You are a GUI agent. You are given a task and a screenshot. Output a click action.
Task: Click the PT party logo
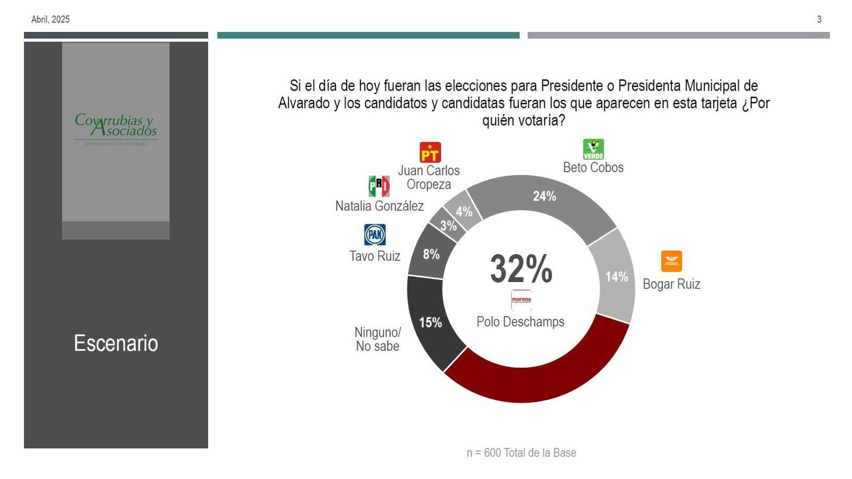click(x=430, y=152)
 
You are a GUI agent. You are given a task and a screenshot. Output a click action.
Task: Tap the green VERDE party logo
click(x=593, y=150)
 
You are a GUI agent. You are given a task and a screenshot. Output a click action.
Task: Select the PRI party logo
click(x=379, y=186)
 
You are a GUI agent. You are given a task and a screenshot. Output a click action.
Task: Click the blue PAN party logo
click(x=375, y=235)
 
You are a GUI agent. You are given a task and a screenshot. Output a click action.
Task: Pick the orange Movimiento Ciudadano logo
click(x=671, y=261)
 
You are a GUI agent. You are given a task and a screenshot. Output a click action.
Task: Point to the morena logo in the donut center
click(x=521, y=300)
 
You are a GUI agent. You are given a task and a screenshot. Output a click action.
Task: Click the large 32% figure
click(x=521, y=268)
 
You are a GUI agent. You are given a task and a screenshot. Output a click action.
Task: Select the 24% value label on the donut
click(x=544, y=196)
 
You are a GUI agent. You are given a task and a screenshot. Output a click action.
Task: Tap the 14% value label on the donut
click(x=617, y=277)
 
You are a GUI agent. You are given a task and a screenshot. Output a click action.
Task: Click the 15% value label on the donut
click(x=430, y=323)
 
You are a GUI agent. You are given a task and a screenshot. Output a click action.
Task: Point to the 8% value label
click(x=431, y=254)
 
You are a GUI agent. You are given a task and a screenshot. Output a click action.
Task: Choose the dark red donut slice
click(x=538, y=378)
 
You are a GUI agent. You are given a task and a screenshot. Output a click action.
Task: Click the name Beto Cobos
click(x=593, y=168)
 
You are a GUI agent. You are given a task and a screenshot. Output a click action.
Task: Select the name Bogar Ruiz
click(x=671, y=284)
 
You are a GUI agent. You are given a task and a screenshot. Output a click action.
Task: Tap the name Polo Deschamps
click(x=520, y=322)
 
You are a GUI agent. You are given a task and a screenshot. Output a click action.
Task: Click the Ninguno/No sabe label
click(x=378, y=339)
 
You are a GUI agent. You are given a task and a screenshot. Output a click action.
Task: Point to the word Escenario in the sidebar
click(x=116, y=343)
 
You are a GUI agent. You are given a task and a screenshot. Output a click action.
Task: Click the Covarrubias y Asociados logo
click(x=116, y=128)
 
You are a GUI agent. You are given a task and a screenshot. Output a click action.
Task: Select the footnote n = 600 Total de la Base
click(x=521, y=453)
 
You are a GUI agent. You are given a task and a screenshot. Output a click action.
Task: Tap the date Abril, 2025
click(x=51, y=19)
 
